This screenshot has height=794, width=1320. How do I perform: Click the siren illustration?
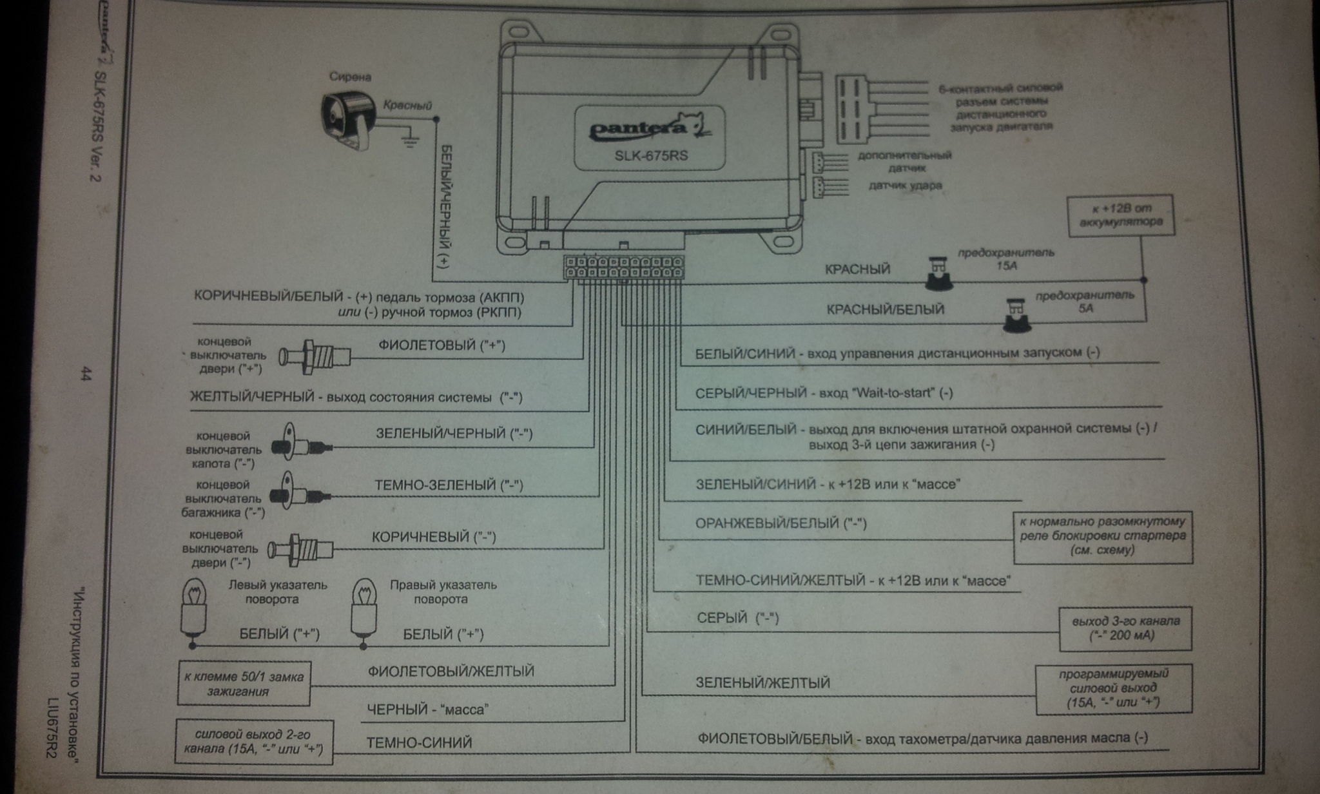click(x=349, y=121)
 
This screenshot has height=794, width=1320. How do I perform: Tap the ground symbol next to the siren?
click(x=409, y=140)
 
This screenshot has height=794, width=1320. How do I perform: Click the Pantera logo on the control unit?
click(x=648, y=128)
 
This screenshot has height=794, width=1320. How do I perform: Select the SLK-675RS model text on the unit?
click(x=647, y=155)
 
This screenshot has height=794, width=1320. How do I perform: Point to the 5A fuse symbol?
click(x=1016, y=315)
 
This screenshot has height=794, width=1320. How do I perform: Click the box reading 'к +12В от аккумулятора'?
click(x=1120, y=215)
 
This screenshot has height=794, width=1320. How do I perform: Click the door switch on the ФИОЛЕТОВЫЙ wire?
click(x=315, y=355)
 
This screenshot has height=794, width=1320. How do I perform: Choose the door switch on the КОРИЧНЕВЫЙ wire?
click(x=301, y=549)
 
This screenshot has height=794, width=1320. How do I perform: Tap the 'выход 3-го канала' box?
click(x=1125, y=628)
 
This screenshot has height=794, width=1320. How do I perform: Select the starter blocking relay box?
click(x=1102, y=536)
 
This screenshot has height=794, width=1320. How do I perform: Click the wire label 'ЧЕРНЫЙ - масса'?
click(x=427, y=710)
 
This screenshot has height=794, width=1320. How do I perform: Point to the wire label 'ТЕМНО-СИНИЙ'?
click(x=419, y=743)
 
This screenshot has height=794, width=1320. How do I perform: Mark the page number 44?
click(x=85, y=374)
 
